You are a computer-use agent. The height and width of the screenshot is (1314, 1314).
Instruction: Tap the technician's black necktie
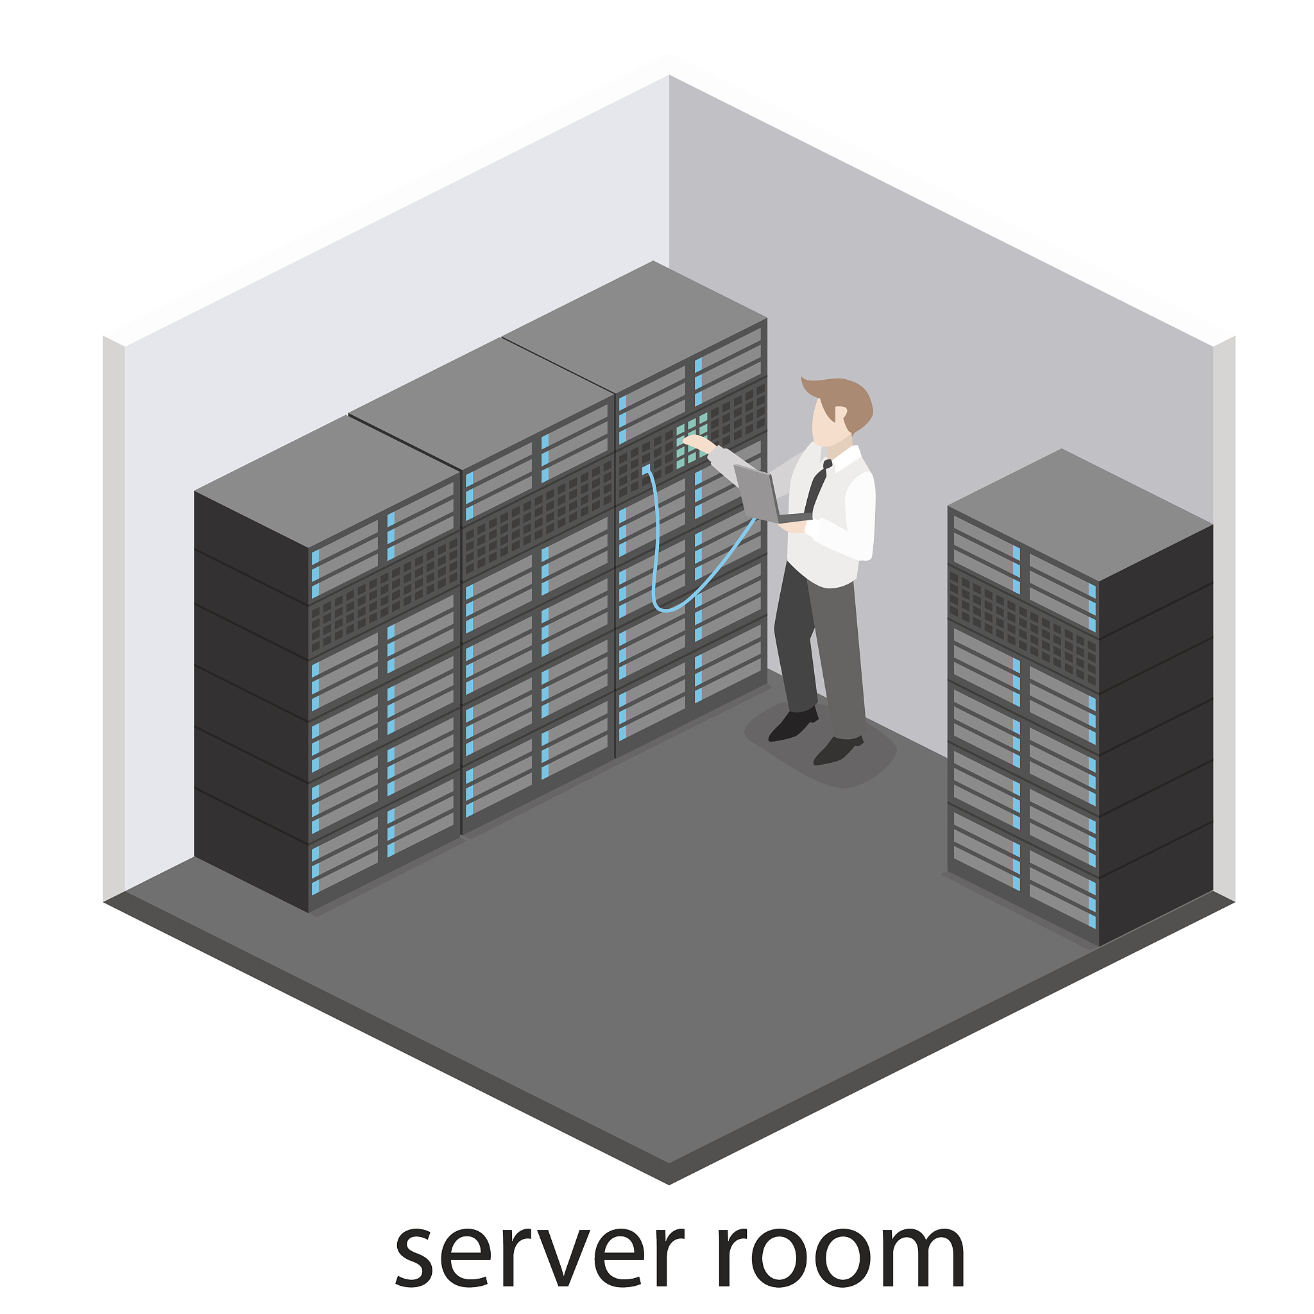(816, 486)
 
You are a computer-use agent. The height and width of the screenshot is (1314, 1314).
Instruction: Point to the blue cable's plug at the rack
(645, 469)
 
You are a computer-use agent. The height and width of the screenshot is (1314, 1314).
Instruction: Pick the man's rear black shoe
(792, 724)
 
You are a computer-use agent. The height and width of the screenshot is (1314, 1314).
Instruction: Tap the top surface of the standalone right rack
(1080, 515)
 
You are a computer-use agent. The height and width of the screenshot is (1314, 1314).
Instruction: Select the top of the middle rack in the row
(482, 404)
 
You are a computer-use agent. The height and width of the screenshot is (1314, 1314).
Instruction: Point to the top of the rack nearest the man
(635, 327)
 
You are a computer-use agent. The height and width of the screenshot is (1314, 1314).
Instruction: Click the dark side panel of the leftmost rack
(251, 701)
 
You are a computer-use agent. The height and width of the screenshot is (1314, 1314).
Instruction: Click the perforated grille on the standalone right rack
(1023, 630)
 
